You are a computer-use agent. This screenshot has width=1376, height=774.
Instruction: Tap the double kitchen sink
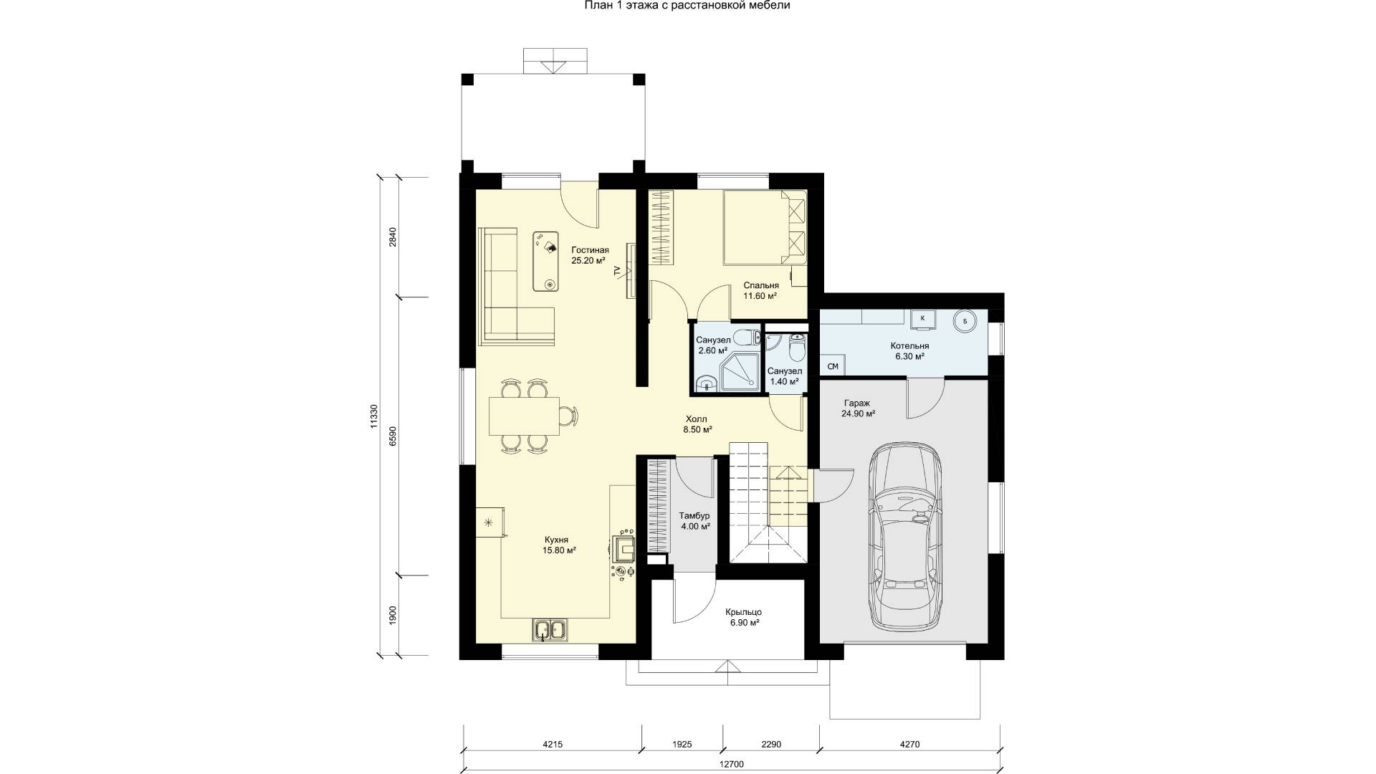550,630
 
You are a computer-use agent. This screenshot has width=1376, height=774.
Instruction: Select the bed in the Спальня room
765,227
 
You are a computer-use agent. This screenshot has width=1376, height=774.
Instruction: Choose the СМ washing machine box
833,366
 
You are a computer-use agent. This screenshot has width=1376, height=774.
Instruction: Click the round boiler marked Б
965,321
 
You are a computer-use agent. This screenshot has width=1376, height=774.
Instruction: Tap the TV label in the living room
617,271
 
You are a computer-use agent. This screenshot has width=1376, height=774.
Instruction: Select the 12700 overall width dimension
731,764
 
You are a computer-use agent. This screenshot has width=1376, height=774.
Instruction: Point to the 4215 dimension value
553,745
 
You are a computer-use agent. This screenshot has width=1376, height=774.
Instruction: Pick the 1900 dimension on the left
393,616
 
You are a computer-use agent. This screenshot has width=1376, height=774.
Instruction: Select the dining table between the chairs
524,416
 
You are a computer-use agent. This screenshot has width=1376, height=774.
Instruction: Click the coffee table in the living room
548,261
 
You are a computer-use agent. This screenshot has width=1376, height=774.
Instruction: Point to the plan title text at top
688,6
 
